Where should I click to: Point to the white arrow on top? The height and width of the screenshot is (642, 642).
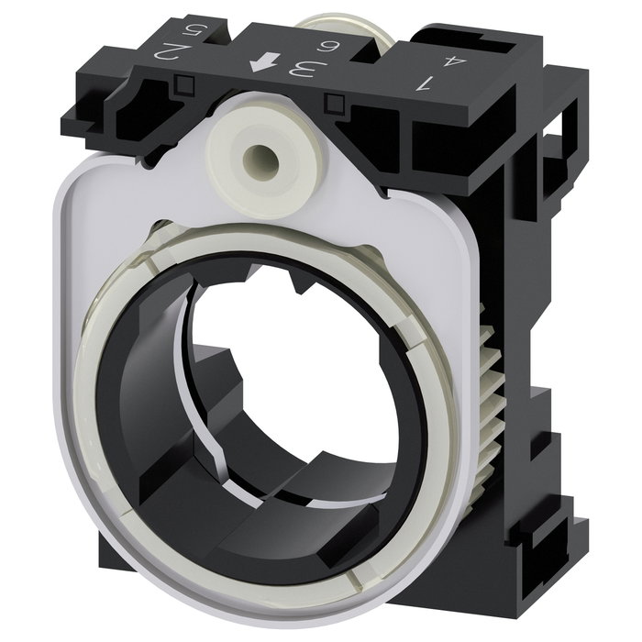(265, 62)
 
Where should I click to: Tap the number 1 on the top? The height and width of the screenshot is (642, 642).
(425, 84)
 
